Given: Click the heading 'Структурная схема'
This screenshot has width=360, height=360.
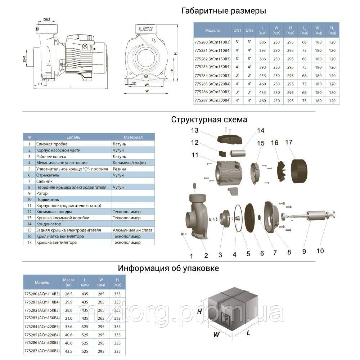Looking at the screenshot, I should tap(209, 119).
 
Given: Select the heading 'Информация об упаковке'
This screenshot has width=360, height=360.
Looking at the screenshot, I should tap(168, 268).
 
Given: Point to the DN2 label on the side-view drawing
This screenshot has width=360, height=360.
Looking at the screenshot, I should tap(46, 19).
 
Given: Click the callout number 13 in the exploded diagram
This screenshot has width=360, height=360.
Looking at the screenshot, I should tap(195, 130).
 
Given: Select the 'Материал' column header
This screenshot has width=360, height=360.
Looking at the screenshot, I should tap(133, 137).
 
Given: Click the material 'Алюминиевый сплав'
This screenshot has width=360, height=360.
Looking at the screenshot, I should tap(132, 230).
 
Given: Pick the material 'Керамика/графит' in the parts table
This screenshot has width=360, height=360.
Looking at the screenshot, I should tap(129, 163).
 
